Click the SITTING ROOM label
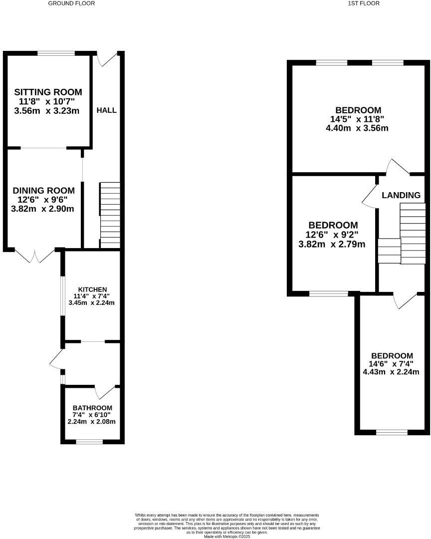48,92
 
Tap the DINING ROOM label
43,191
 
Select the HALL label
106,110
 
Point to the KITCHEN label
92,289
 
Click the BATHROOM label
92,408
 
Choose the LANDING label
401,195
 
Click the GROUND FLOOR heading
71,3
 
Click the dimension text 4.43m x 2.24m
391,371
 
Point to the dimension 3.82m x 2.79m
332,244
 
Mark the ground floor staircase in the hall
110,214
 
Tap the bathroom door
105,392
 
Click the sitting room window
57,52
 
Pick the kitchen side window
62,295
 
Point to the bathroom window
90,441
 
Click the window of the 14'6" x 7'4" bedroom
392,432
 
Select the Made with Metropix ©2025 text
226,536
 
